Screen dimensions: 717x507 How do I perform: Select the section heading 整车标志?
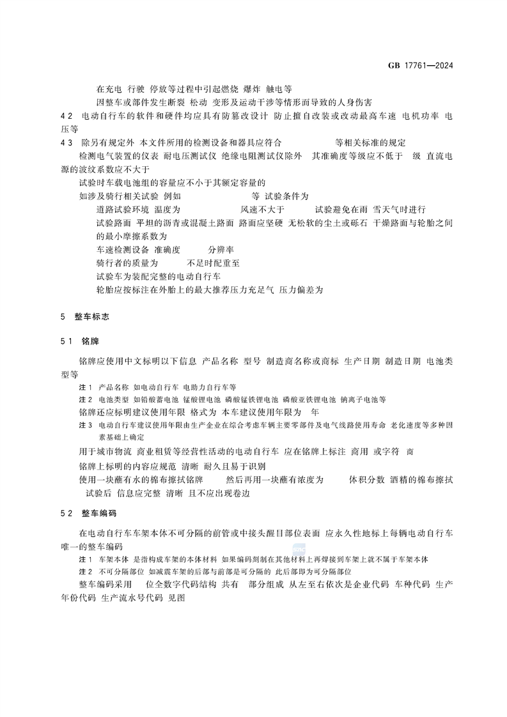(92, 316)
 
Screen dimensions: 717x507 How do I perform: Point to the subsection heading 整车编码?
(97, 513)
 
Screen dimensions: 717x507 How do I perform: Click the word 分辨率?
(221, 249)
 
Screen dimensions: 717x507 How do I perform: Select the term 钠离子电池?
(364, 399)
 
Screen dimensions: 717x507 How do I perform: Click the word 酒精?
(400, 479)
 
